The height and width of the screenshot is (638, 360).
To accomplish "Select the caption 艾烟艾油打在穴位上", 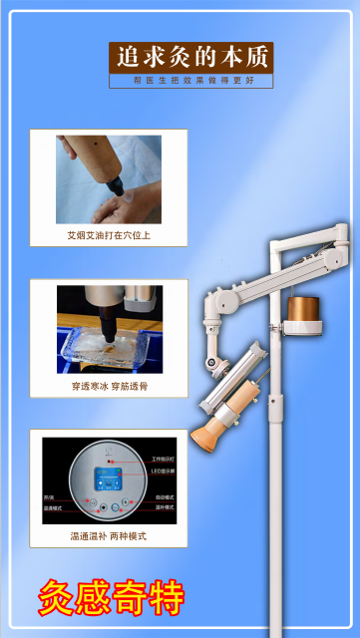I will pyautogui.click(x=109, y=237).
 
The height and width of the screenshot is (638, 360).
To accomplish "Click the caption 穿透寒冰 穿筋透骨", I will pyautogui.click(x=109, y=386).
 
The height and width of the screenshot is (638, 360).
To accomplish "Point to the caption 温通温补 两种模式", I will pyautogui.click(x=109, y=535).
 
